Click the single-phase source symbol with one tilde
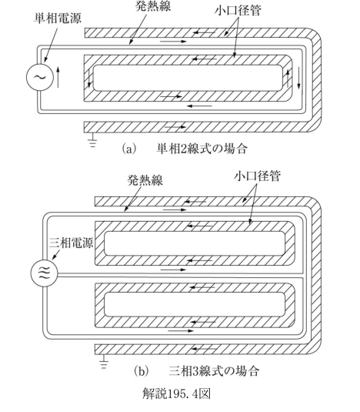(40, 77)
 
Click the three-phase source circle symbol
(44, 273)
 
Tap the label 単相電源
(58, 18)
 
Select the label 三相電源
(71, 243)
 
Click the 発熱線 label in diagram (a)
(153, 6)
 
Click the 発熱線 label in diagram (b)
(145, 180)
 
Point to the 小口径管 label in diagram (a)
(238, 11)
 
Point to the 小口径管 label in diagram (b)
(257, 176)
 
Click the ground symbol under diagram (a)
(92, 140)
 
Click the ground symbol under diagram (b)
(104, 361)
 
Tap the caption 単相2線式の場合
(202, 149)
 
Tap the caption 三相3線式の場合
(214, 371)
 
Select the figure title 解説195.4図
(176, 394)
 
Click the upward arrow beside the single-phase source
(58, 77)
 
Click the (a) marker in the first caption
(129, 149)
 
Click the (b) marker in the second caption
(142, 371)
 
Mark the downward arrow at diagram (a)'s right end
(299, 78)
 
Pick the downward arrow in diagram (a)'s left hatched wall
(89, 78)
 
